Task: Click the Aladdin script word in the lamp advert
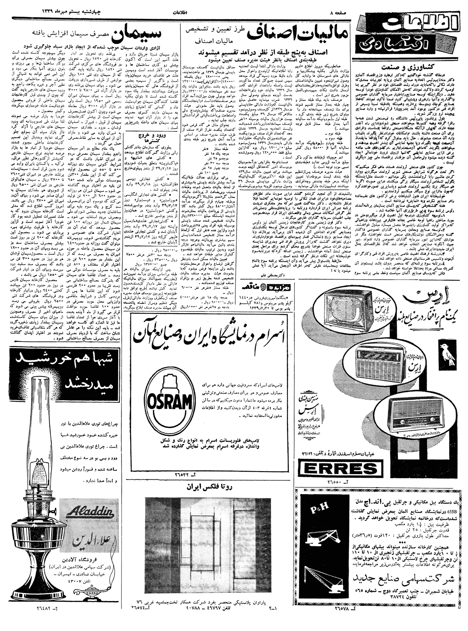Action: point(90,512)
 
